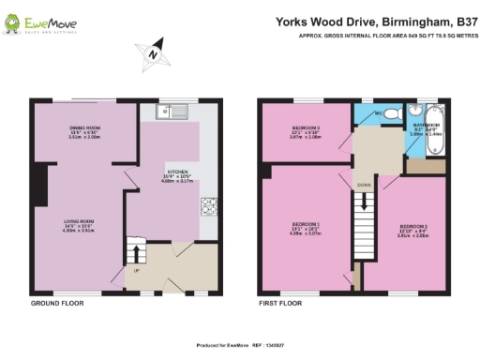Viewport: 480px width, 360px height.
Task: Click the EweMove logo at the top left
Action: pos(37,22)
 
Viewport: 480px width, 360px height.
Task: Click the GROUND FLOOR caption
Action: pos(53,304)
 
